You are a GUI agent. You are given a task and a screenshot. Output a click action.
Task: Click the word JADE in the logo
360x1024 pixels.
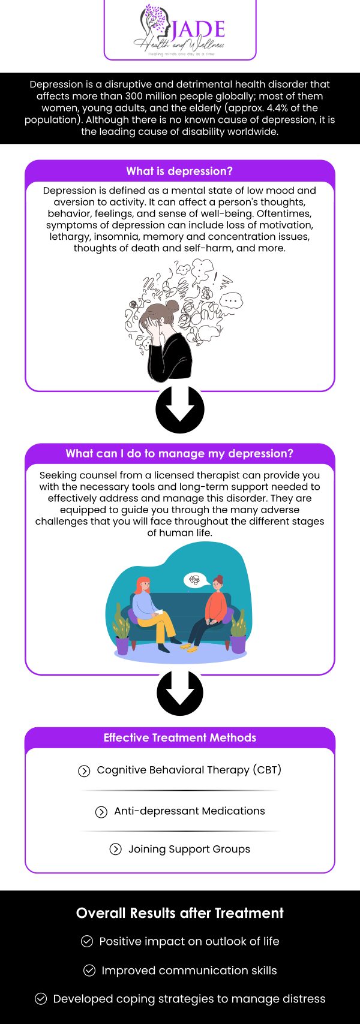(198, 28)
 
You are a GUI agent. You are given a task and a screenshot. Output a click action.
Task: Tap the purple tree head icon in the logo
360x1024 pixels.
(153, 23)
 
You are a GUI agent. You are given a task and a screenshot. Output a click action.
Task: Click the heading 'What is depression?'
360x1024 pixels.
(179, 171)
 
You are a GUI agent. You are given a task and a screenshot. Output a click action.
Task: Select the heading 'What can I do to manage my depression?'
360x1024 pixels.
(179, 453)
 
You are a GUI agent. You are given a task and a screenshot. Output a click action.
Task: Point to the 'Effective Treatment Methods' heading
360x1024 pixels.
(179, 737)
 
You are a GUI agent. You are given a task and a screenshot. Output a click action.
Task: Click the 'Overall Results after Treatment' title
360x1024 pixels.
(179, 912)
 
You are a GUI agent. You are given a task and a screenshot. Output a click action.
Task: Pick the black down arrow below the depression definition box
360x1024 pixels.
(179, 409)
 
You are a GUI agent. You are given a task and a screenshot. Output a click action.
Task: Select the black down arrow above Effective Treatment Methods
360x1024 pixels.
(179, 692)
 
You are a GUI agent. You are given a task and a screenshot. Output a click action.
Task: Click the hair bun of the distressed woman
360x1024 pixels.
(173, 306)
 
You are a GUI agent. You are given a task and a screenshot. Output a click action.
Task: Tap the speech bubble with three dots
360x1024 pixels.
(231, 300)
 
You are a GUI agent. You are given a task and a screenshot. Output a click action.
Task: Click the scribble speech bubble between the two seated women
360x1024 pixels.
(195, 580)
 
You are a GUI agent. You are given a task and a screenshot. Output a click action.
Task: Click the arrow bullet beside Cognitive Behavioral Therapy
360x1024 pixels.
(84, 771)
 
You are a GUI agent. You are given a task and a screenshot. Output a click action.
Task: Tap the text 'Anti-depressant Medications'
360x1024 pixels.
(189, 811)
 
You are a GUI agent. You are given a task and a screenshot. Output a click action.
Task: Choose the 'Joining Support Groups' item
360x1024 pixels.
(189, 849)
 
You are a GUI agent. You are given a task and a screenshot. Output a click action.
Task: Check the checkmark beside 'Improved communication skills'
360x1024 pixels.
(89, 970)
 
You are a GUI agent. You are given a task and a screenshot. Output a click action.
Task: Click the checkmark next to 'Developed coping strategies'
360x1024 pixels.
(41, 999)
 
